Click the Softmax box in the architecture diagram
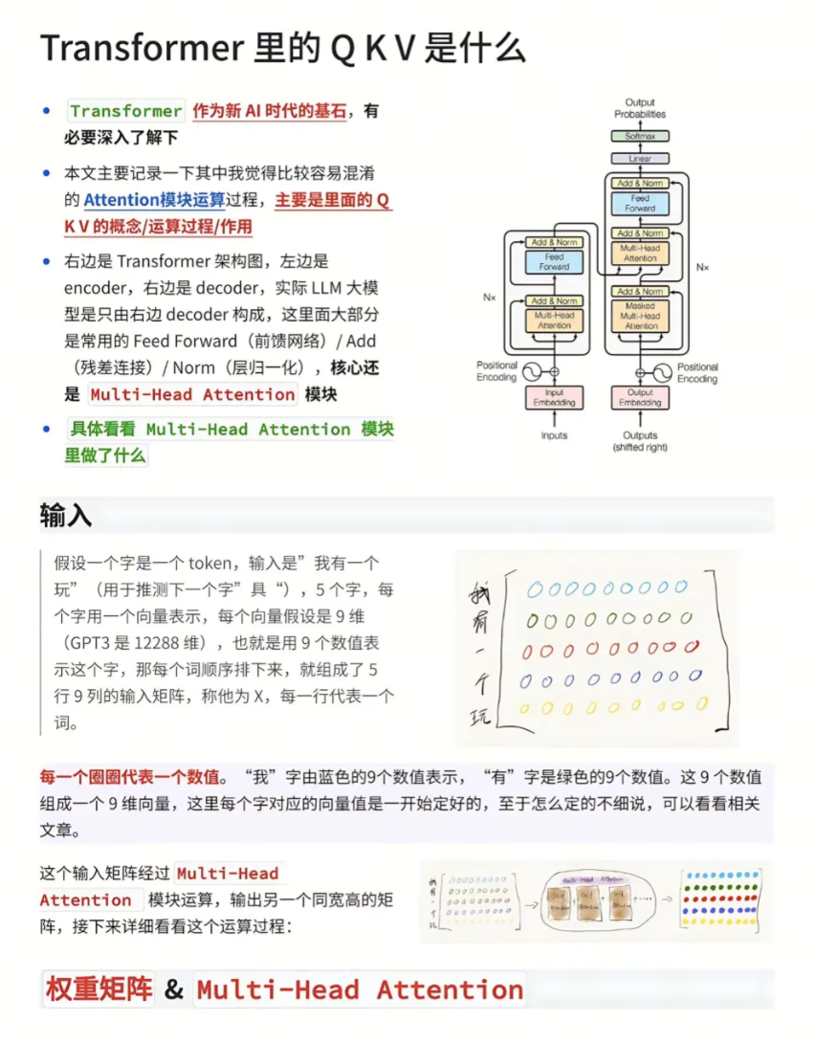640,137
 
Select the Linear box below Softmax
640,158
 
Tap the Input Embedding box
554,397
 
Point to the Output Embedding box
640,397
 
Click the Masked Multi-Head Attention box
640,315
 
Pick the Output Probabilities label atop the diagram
640,108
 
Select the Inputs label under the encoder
554,435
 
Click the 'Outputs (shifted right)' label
640,441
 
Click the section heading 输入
65,516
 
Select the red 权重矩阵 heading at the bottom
98,989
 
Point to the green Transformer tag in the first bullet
125,111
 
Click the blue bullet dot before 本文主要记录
46,173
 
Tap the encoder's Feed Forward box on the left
554,262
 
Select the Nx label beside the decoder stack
703,267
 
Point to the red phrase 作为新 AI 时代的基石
270,111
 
